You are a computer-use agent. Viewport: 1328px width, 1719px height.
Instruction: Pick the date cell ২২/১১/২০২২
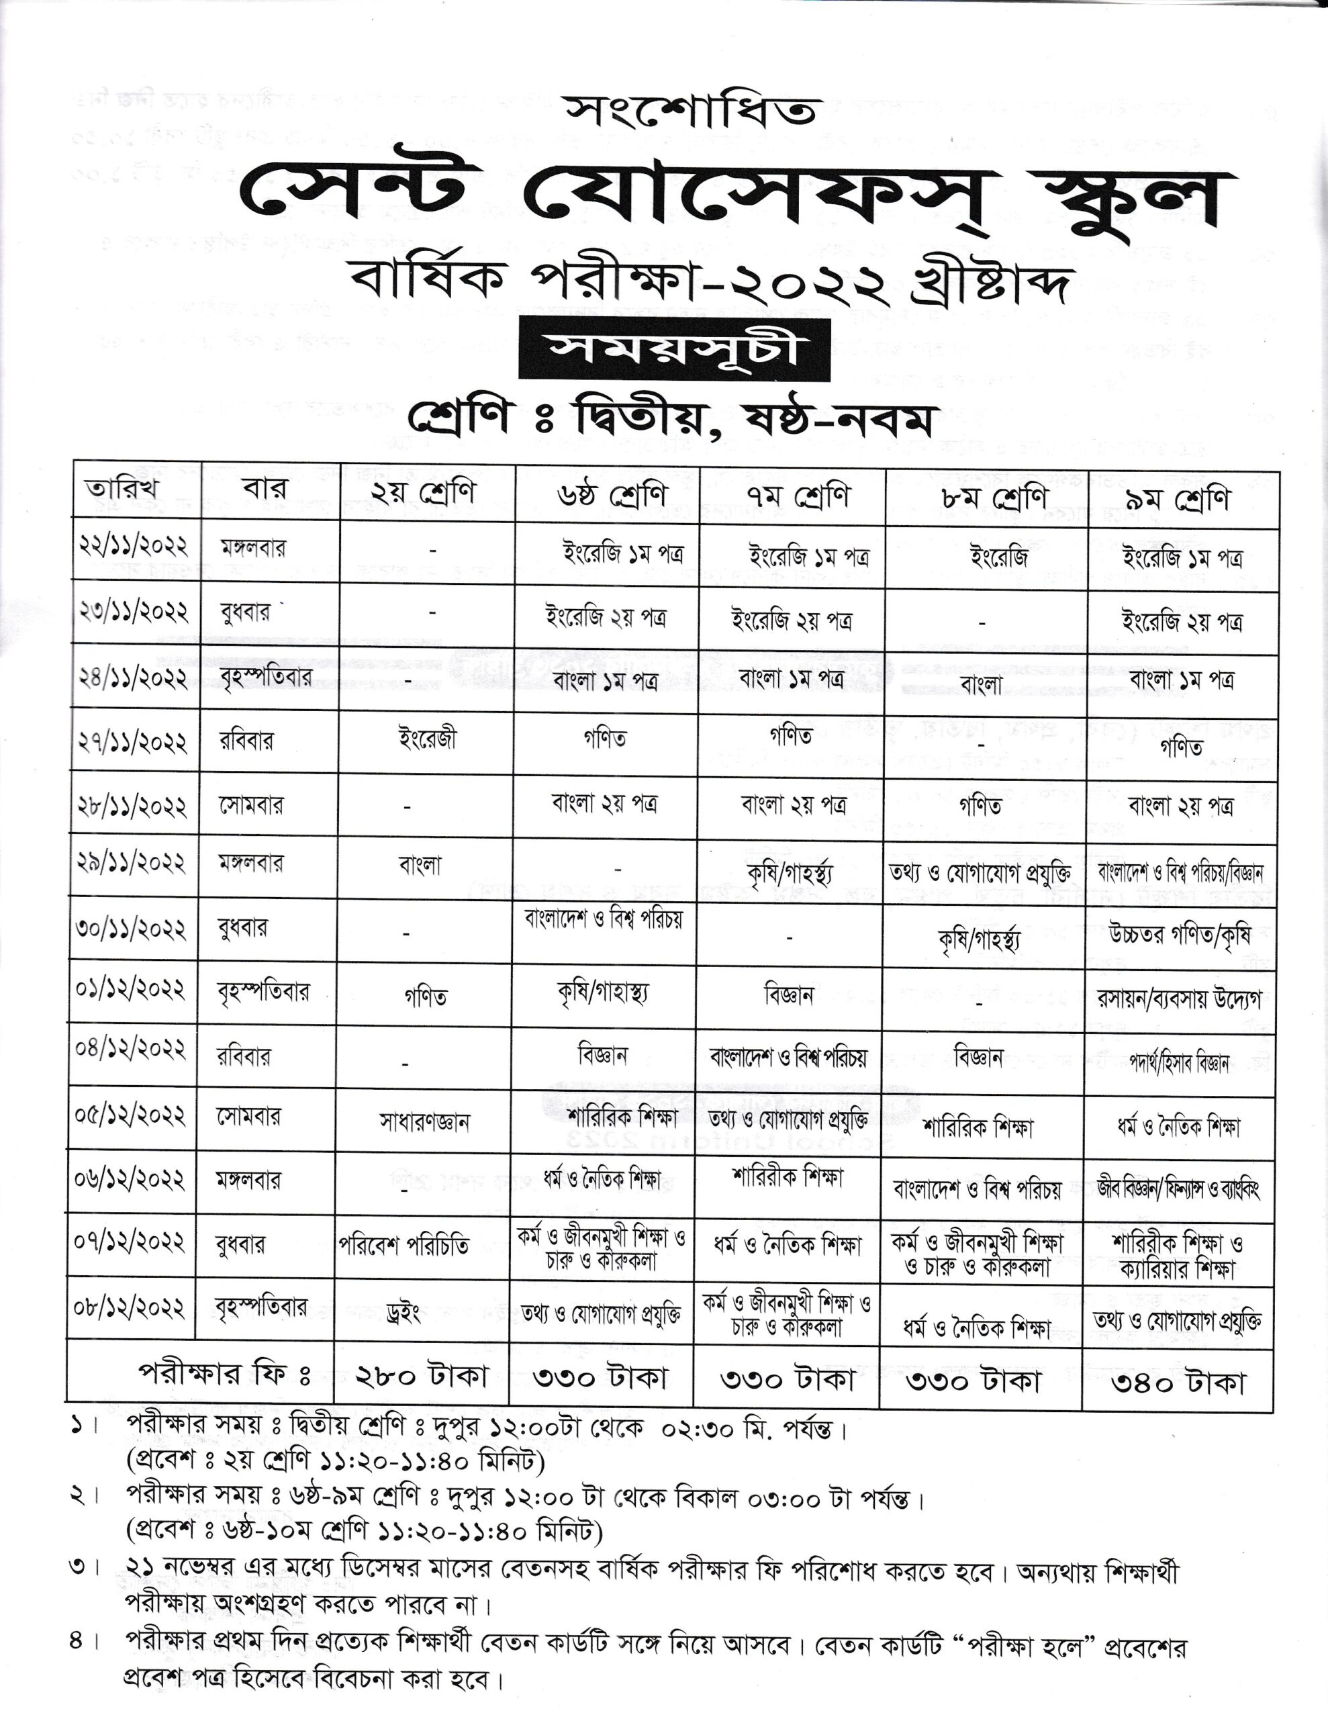132,545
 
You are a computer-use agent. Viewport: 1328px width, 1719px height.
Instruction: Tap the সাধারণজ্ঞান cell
424,1121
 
